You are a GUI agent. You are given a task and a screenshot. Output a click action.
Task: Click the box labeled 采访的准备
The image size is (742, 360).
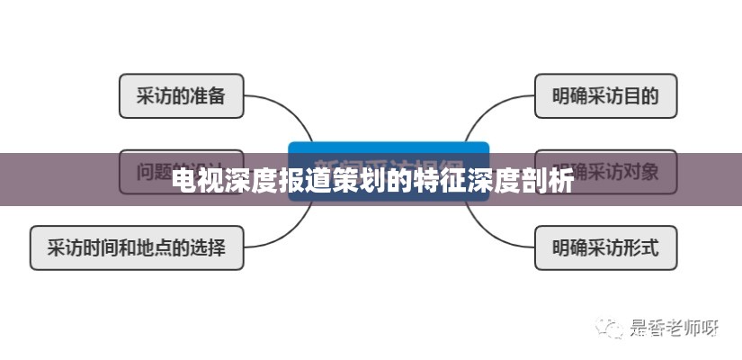pyautogui.click(x=181, y=96)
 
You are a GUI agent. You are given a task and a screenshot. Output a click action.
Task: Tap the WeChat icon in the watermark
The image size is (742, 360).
pyautogui.click(x=612, y=328)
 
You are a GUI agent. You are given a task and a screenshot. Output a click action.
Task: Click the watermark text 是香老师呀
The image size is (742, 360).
pyautogui.click(x=673, y=328)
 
